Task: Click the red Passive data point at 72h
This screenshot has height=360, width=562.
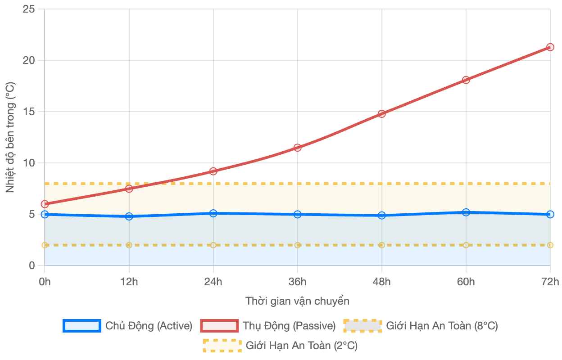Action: pyautogui.click(x=550, y=47)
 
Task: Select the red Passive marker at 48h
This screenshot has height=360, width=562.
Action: pyautogui.click(x=382, y=114)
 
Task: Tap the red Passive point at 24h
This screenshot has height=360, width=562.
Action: pyautogui.click(x=213, y=171)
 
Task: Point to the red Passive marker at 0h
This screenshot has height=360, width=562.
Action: pyautogui.click(x=45, y=204)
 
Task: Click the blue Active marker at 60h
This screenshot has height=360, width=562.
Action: pyautogui.click(x=466, y=212)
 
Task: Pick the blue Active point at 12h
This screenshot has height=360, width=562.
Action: pyautogui.click(x=129, y=216)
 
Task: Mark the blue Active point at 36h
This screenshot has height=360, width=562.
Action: pyautogui.click(x=298, y=214)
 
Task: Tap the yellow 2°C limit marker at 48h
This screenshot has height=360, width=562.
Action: pyautogui.click(x=382, y=245)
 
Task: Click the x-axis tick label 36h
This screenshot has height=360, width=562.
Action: pyautogui.click(x=298, y=282)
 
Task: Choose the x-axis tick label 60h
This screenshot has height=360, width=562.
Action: pyautogui.click(x=466, y=282)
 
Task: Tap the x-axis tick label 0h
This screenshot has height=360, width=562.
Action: pyautogui.click(x=45, y=282)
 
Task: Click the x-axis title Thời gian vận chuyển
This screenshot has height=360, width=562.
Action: pyautogui.click(x=297, y=301)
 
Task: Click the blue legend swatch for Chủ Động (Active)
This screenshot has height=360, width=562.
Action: pyautogui.click(x=82, y=326)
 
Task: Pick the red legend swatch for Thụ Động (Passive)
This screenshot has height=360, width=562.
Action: pyautogui.click(x=219, y=326)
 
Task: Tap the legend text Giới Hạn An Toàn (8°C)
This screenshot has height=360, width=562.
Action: pyautogui.click(x=442, y=326)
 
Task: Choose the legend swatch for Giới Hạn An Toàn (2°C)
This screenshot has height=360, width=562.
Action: pyautogui.click(x=222, y=346)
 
